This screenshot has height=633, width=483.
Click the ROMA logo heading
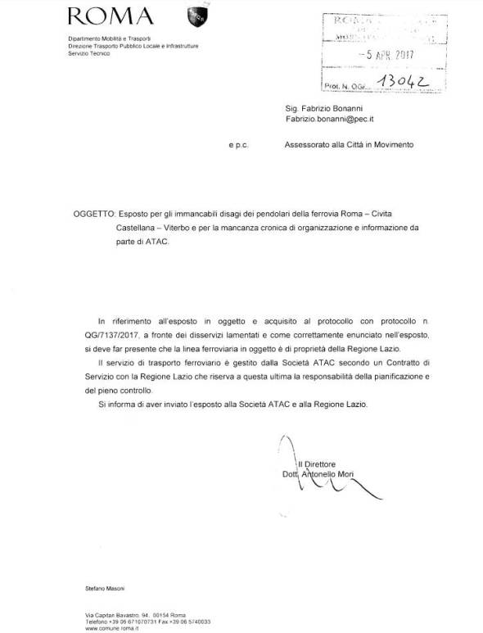[111, 16]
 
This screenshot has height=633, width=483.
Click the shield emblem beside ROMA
[198, 15]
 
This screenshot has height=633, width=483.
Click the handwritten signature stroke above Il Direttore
[282, 446]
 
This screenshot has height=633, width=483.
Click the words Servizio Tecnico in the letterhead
[88, 53]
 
